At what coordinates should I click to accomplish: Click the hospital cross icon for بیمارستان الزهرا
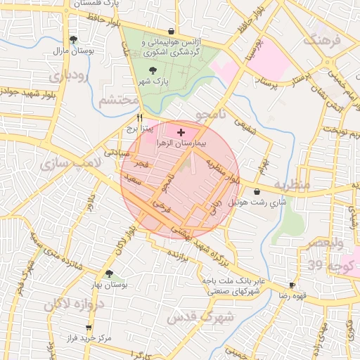181,131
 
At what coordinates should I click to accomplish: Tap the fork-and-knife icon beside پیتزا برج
141,118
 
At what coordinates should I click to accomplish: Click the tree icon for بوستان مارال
73,39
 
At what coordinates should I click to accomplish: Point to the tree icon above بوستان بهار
109,274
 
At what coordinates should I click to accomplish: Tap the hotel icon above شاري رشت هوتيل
256,191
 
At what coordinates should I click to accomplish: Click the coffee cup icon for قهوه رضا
292,285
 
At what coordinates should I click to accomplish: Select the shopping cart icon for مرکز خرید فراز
89,328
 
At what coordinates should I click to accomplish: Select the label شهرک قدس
195,317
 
